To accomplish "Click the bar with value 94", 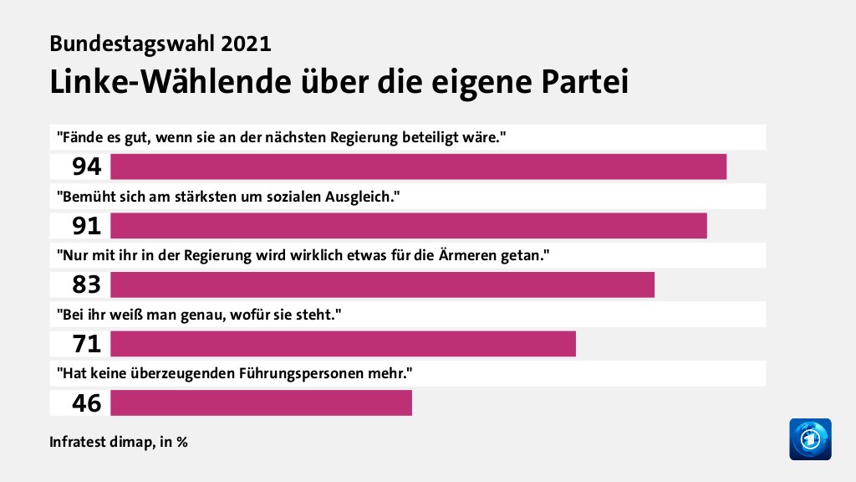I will (418, 167).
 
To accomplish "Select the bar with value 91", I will (408, 226).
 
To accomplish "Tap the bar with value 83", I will (382, 285).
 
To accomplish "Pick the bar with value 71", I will (343, 343).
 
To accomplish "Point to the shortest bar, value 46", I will (261, 403).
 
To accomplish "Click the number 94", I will (86, 167).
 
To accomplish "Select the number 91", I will (86, 226).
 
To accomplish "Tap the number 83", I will (86, 285).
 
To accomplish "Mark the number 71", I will (86, 344).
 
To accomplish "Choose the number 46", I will (86, 403).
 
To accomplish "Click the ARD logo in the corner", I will (810, 438).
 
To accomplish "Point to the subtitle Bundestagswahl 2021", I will (160, 44).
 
